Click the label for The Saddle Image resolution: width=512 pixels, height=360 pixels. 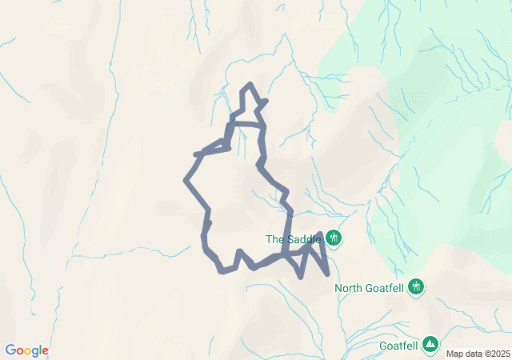pos(294,238)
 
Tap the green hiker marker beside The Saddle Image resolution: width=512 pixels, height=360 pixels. pos(334,238)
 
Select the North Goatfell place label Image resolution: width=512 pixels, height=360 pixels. pos(370,288)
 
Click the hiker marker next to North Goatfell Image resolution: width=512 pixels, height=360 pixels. pos(415,286)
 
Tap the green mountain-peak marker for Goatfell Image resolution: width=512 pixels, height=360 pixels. pos(431,343)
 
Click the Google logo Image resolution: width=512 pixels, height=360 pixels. pos(26,350)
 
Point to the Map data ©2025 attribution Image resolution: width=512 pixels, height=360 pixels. pos(478,354)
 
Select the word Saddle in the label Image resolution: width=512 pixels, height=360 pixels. pos(304,238)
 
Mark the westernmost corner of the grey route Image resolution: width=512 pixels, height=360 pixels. pos(186,181)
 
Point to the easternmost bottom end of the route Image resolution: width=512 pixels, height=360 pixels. pos(328,274)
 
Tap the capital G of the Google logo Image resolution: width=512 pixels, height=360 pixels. pos(10,350)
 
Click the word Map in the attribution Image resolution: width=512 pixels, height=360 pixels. pos(454,354)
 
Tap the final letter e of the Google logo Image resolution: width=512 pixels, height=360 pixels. pos(45,351)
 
